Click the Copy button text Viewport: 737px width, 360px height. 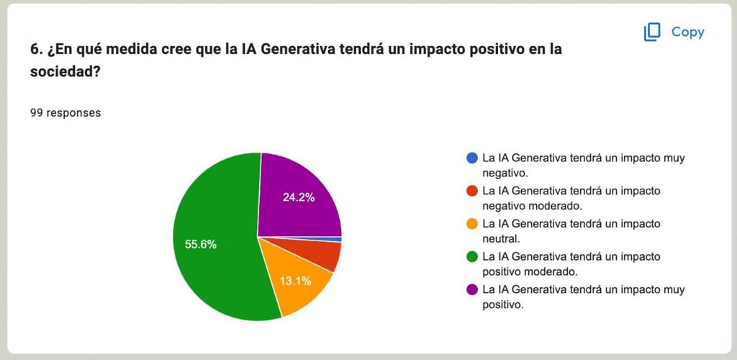point(687,32)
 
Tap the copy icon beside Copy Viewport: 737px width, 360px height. point(652,32)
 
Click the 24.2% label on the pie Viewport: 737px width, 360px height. point(299,197)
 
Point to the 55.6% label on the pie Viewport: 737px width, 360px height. point(201,244)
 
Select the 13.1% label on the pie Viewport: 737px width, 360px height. point(296,281)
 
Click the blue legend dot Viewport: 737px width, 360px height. point(472,158)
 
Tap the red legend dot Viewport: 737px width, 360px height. point(472,191)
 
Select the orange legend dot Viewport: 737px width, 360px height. point(472,224)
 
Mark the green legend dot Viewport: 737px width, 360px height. point(472,256)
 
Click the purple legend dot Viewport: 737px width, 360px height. point(472,289)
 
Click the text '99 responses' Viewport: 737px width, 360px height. point(65,113)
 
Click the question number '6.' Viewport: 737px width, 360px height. point(36,50)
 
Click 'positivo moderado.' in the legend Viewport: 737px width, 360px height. point(530,272)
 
